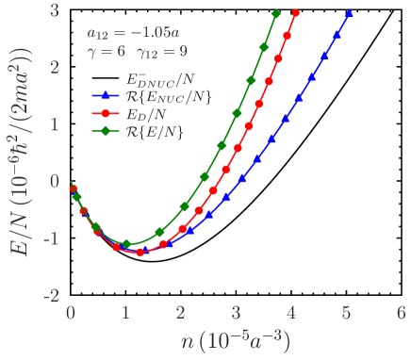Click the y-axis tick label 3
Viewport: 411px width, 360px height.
[56, 10]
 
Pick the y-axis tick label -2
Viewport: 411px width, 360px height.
[52, 295]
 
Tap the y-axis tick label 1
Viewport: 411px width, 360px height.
[56, 124]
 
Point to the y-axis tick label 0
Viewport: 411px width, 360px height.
[56, 181]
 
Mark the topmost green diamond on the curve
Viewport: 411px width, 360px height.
[276, 14]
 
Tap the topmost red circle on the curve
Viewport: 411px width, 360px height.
[296, 13]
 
